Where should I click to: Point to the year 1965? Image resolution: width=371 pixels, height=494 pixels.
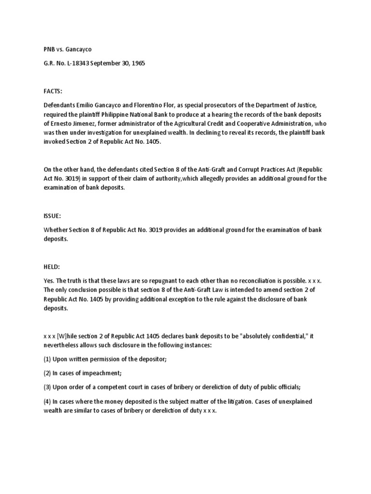coord(137,63)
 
